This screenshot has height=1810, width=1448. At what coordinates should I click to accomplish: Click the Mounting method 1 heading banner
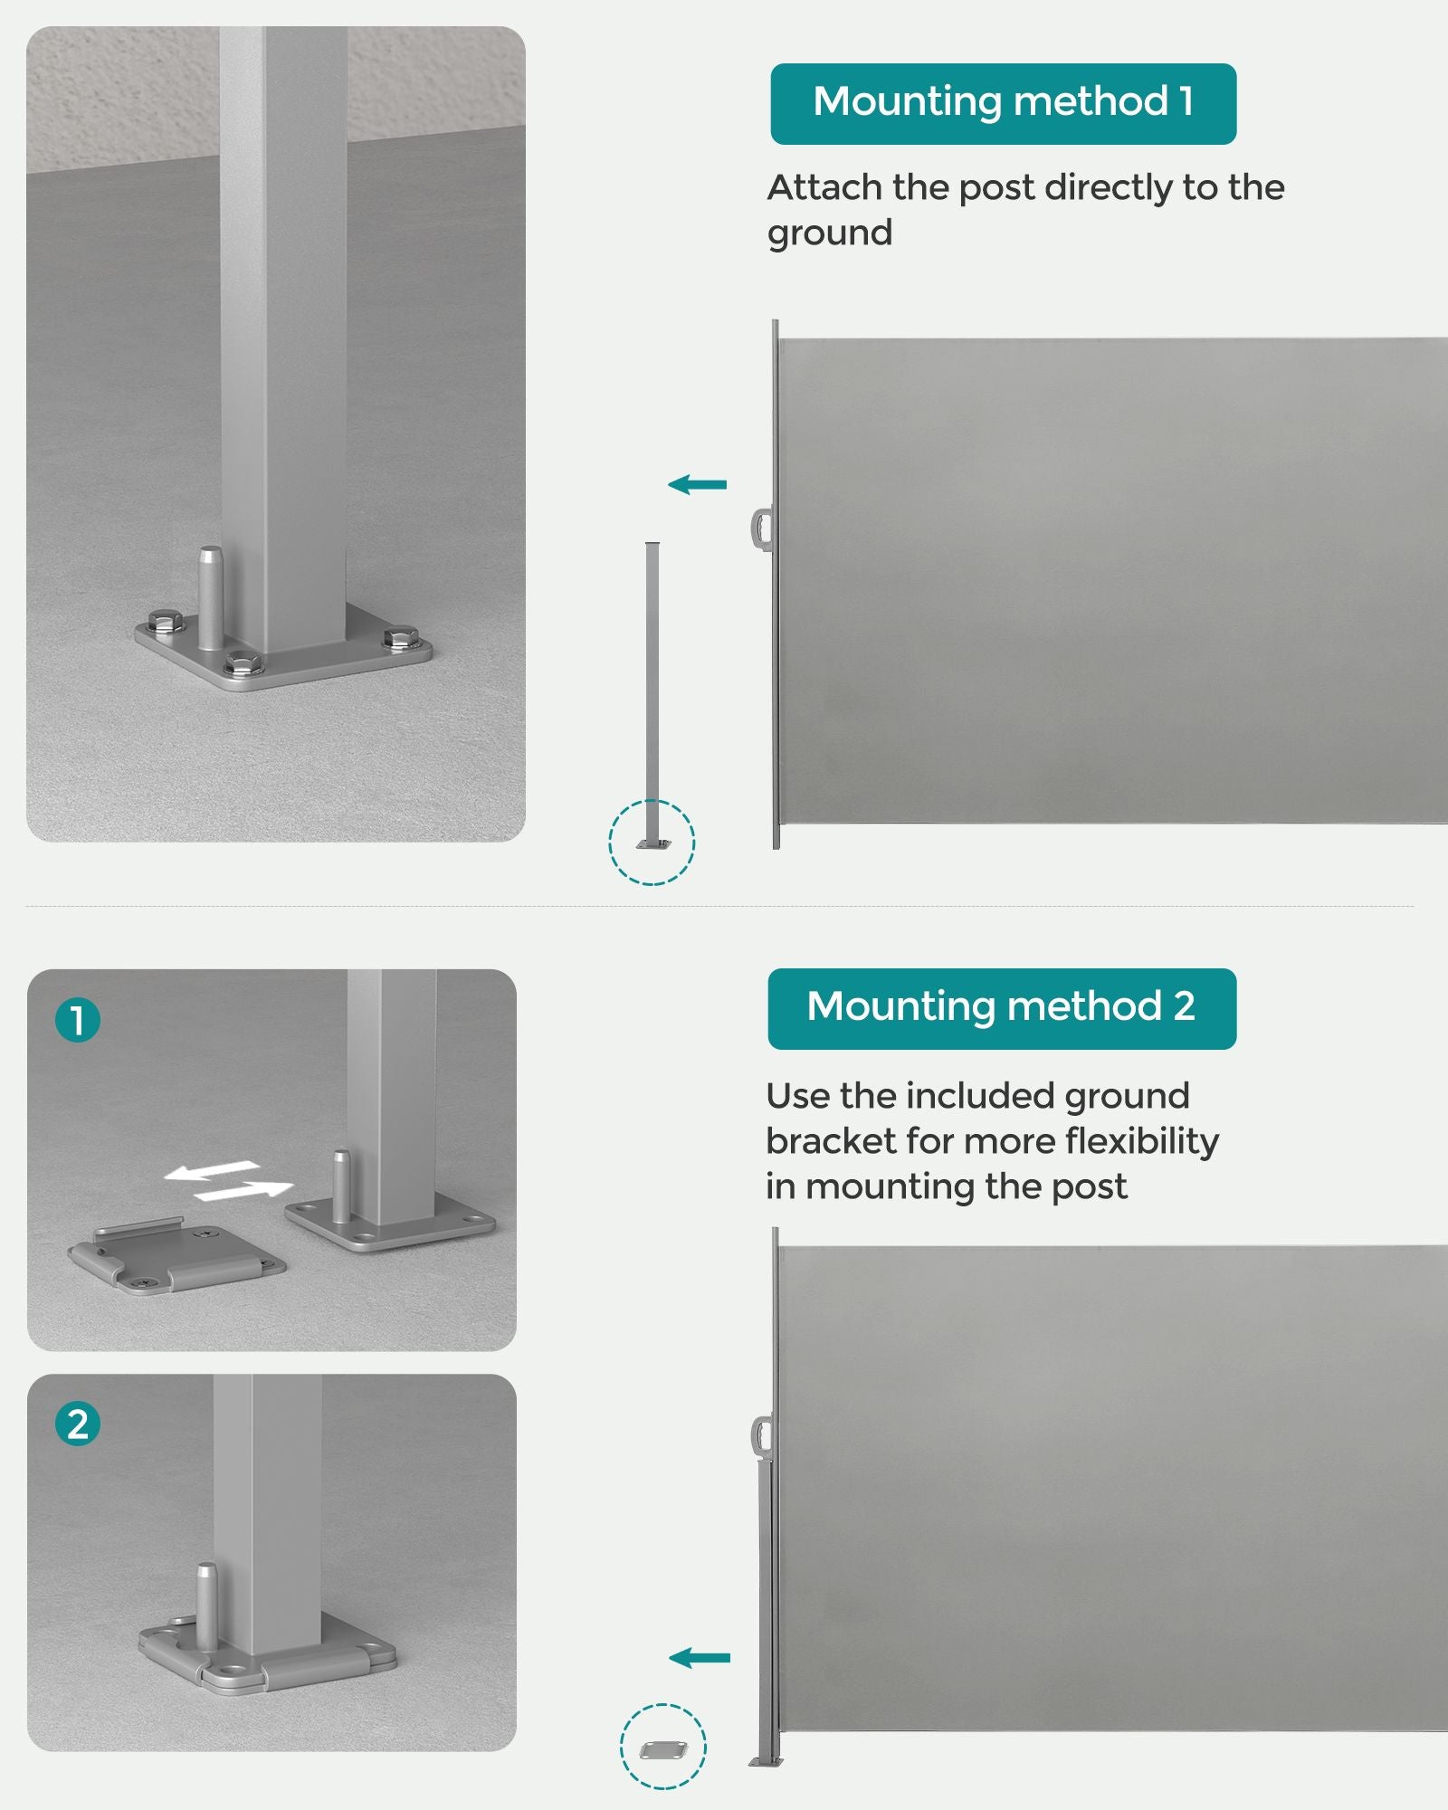pyautogui.click(x=1003, y=104)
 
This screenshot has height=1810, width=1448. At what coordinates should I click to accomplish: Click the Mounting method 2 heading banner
pyautogui.click(x=1002, y=1009)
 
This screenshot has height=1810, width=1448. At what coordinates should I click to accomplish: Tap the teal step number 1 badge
pyautogui.click(x=78, y=1020)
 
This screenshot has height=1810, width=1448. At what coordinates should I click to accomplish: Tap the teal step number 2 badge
pyautogui.click(x=78, y=1424)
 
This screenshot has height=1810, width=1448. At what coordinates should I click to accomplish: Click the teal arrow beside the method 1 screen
pyautogui.click(x=697, y=485)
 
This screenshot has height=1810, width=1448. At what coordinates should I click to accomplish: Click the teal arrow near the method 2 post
pyautogui.click(x=699, y=1658)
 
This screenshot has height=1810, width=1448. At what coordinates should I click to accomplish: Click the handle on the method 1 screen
pyautogui.click(x=760, y=529)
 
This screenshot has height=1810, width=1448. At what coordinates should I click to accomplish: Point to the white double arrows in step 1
pyautogui.click(x=228, y=1181)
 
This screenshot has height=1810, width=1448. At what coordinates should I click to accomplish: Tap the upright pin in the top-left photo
pyautogui.click(x=211, y=597)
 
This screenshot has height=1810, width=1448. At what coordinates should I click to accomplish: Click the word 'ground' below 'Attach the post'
pyautogui.click(x=830, y=234)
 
